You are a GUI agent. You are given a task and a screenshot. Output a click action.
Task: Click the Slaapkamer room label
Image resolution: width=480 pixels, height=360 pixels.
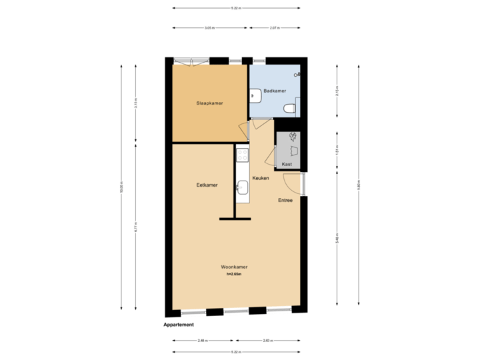209,103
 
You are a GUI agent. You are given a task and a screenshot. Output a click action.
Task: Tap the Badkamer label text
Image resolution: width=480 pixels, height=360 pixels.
274,91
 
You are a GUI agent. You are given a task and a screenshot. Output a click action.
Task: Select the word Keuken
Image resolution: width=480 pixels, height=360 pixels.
261,178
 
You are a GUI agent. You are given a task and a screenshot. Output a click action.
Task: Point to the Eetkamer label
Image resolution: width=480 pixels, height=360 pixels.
207,185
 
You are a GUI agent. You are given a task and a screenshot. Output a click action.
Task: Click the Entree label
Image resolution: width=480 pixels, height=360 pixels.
285,200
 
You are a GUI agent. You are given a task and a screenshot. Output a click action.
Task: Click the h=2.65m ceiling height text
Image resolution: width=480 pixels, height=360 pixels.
234,273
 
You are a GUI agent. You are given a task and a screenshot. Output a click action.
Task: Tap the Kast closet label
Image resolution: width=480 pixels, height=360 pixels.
287,163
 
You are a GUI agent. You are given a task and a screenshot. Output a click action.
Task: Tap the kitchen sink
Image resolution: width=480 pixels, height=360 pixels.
243,187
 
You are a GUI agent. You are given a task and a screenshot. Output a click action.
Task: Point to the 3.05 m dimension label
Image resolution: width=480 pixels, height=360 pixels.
209,28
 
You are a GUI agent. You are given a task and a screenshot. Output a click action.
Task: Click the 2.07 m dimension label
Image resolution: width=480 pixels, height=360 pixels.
274,28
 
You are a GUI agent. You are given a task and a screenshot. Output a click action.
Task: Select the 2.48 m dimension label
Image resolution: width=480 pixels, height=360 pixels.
202,340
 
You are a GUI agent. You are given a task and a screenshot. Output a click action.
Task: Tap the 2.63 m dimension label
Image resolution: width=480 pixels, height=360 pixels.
267,340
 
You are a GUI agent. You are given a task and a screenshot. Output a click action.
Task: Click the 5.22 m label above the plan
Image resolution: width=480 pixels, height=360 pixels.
236,8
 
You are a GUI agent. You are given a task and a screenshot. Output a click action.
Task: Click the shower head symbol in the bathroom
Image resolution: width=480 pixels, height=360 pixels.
299,76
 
